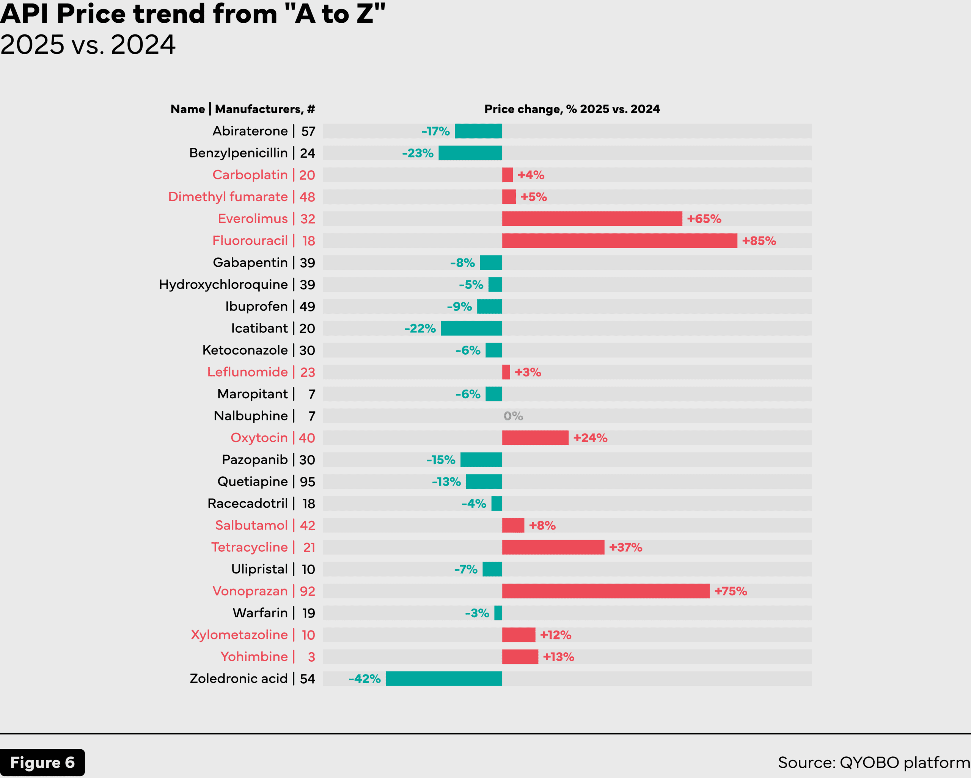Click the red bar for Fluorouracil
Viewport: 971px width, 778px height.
pos(619,241)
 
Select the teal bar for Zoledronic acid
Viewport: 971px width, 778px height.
pos(444,679)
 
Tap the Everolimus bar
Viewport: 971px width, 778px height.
pos(592,219)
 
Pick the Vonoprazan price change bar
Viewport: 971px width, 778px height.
pos(605,591)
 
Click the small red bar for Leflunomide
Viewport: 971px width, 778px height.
pos(506,372)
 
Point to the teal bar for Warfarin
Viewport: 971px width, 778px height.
pos(498,613)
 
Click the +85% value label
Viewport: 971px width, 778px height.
pos(759,241)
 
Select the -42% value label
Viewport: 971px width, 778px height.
pos(365,679)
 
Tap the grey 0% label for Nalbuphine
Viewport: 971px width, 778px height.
pos(513,416)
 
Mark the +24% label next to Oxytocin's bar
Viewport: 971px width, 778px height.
pos(590,438)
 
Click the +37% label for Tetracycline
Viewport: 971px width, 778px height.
pos(625,547)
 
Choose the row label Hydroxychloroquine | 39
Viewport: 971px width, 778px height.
pos(237,284)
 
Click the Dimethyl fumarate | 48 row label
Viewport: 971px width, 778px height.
pos(241,197)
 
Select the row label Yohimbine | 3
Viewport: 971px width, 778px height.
pos(267,656)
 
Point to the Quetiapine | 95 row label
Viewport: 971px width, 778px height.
pos(266,482)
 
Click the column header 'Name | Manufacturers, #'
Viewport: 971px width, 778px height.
pos(243,109)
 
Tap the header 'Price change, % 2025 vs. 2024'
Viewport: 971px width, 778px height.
pos(572,109)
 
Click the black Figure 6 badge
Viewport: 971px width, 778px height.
pos(42,762)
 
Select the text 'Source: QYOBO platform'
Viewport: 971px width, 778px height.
pos(874,762)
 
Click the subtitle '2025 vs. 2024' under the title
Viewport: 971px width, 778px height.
pos(88,45)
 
